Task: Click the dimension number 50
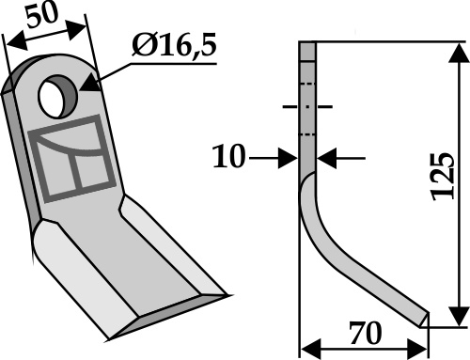(42, 16)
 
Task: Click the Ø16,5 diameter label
(174, 45)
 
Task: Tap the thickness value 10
(228, 156)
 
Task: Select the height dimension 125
(443, 177)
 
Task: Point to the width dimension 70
(366, 333)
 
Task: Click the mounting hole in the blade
(57, 97)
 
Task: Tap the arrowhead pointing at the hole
(90, 83)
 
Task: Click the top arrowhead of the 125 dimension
(459, 54)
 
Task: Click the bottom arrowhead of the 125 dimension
(459, 316)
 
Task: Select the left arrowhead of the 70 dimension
(311, 349)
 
